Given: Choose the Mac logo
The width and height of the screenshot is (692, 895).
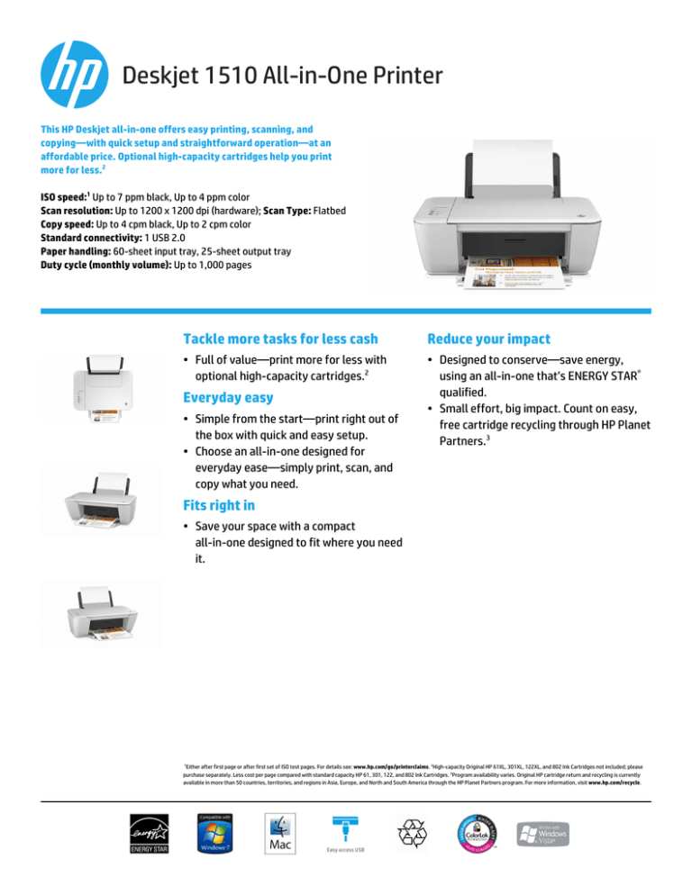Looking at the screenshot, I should (x=278, y=843).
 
